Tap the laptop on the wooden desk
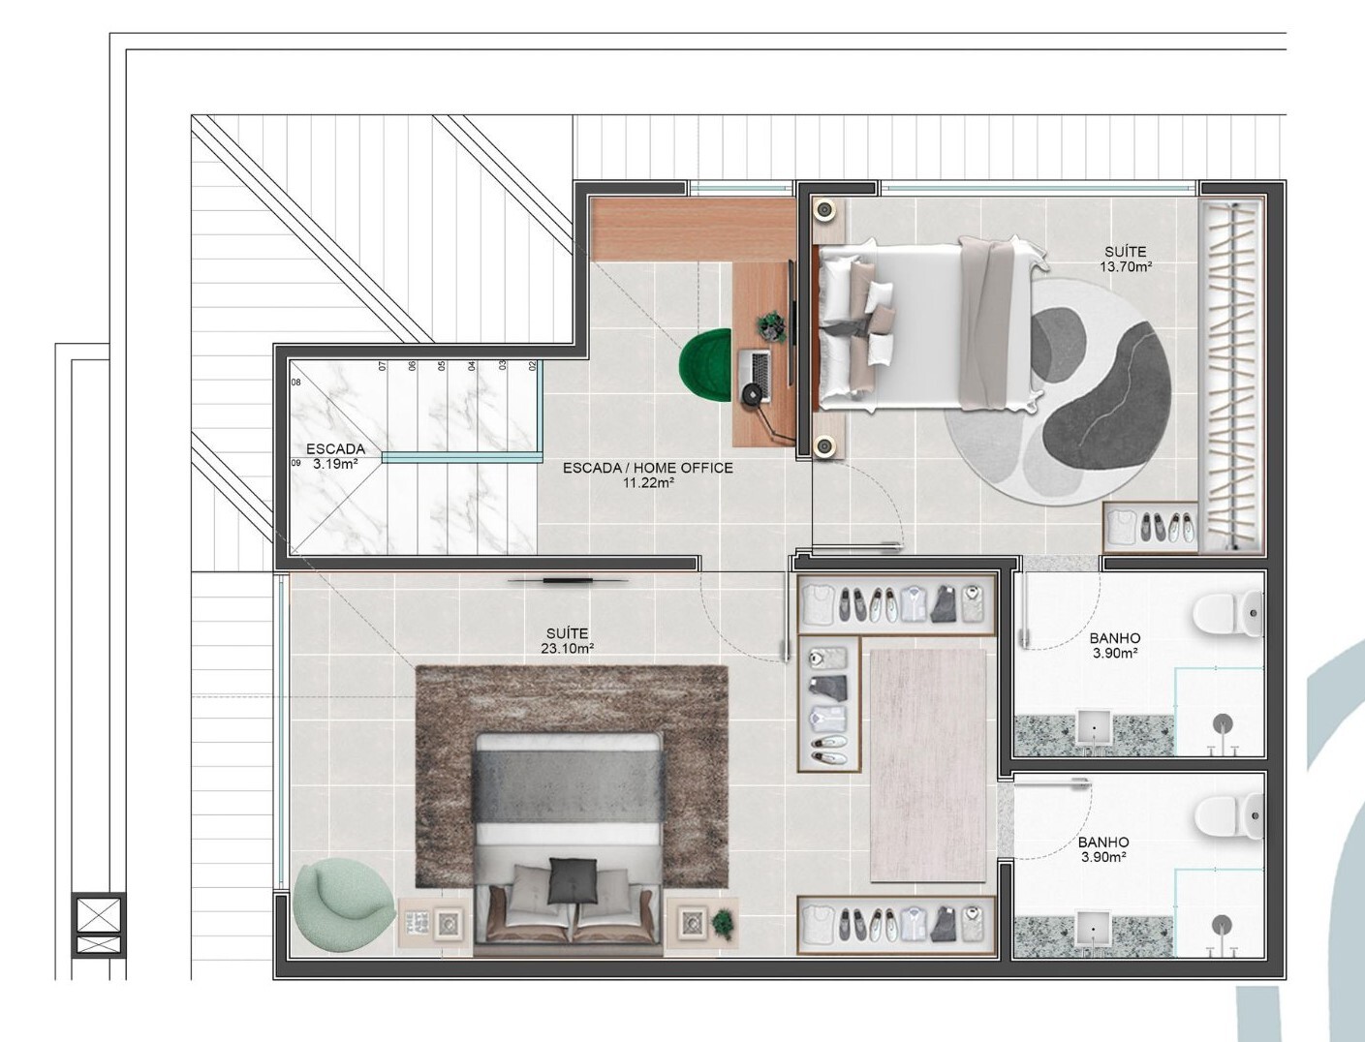(755, 375)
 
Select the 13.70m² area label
(1125, 267)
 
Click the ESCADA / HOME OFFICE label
(648, 468)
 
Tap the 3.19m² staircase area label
(335, 464)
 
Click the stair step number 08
(296, 383)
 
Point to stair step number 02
(532, 366)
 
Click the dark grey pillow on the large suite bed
(567, 881)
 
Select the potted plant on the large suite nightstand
(723, 920)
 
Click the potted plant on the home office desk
(771, 326)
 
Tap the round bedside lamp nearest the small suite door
(825, 445)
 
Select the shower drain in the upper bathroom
(1223, 723)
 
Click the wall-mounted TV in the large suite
(568, 581)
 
